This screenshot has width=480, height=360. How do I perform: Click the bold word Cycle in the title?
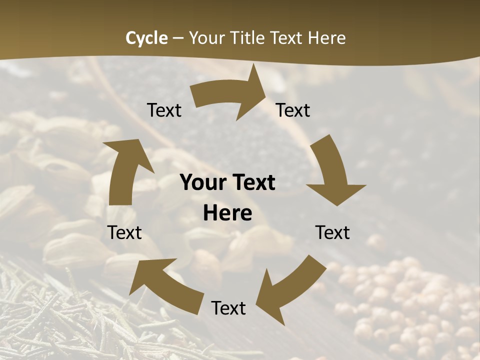pos(146,38)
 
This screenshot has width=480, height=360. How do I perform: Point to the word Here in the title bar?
pos(326,38)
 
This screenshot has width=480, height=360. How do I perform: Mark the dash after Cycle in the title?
pos(178,38)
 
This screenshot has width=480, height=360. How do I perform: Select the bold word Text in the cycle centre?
pos(253,183)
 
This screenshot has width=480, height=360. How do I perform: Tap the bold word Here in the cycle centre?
pos(227,213)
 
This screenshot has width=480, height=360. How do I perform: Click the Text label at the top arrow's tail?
pos(164,110)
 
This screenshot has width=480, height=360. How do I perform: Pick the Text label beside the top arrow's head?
pos(293,110)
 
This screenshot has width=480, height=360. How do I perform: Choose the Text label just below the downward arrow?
pos(332,232)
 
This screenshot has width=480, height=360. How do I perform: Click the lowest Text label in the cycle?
pos(228,308)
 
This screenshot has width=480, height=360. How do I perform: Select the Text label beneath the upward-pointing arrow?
pos(124,232)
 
